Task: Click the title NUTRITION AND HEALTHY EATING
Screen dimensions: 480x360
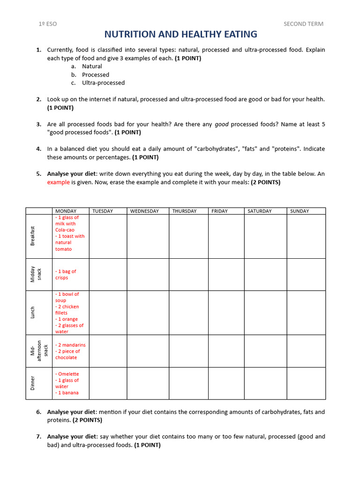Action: (x=180, y=34)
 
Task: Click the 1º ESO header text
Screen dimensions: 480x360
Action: (x=47, y=24)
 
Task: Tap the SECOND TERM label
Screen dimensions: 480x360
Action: (x=303, y=24)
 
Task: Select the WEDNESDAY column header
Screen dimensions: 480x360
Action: (x=144, y=211)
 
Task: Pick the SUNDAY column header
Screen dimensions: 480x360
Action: (x=300, y=211)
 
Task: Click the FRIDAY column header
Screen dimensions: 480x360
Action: (x=219, y=211)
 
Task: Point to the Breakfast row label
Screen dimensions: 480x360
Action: (x=33, y=236)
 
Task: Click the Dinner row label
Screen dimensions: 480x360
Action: (x=33, y=383)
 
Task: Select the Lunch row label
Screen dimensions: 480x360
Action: (x=33, y=313)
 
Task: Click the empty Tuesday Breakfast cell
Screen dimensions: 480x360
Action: (x=107, y=236)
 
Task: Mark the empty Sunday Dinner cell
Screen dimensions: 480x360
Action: (x=306, y=383)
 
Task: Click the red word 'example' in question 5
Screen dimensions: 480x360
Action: (x=58, y=182)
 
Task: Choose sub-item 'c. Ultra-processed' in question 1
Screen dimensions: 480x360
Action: (x=103, y=83)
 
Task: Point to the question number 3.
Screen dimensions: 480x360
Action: (x=38, y=124)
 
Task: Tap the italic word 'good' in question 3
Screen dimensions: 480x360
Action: (x=222, y=124)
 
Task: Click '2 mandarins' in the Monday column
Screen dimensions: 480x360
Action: (x=71, y=345)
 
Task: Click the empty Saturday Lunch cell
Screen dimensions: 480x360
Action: (x=265, y=313)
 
